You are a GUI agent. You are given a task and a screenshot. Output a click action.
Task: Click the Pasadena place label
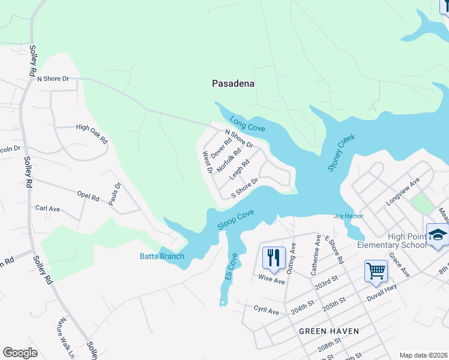tap(234, 84)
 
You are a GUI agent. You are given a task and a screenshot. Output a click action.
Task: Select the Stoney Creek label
tap(342, 153)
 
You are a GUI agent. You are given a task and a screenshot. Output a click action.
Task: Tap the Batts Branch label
tap(163, 257)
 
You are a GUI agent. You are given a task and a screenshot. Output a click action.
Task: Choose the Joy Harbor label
tap(348, 217)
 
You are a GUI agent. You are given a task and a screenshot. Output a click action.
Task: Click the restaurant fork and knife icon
tap(273, 257)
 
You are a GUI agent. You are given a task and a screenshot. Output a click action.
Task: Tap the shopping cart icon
tap(376, 271)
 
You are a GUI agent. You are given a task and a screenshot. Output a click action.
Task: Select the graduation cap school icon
tap(438, 235)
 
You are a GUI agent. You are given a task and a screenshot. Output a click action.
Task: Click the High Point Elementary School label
tap(391, 241)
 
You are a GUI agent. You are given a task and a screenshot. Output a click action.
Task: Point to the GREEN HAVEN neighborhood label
tap(329, 331)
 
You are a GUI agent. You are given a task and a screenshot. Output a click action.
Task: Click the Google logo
tap(20, 353)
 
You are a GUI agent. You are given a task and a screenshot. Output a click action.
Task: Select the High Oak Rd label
tap(91, 134)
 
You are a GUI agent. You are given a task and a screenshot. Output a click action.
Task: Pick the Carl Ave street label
tap(48, 209)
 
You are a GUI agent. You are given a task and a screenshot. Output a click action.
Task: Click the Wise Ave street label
tap(271, 280)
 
